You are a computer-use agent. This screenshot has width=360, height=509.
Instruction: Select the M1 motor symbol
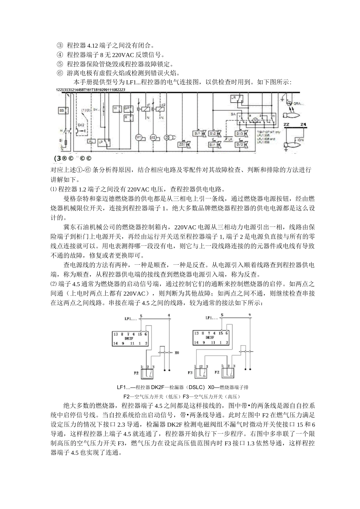139,137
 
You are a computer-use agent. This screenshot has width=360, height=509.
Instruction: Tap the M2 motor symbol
154,137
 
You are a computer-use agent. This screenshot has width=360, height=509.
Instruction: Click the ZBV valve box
182,145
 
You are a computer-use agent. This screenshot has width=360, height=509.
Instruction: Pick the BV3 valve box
239,134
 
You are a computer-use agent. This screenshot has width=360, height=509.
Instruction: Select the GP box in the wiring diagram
128,108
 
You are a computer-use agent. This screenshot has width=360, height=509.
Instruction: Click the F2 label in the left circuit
135,373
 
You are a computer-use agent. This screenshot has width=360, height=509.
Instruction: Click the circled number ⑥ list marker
59,73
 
